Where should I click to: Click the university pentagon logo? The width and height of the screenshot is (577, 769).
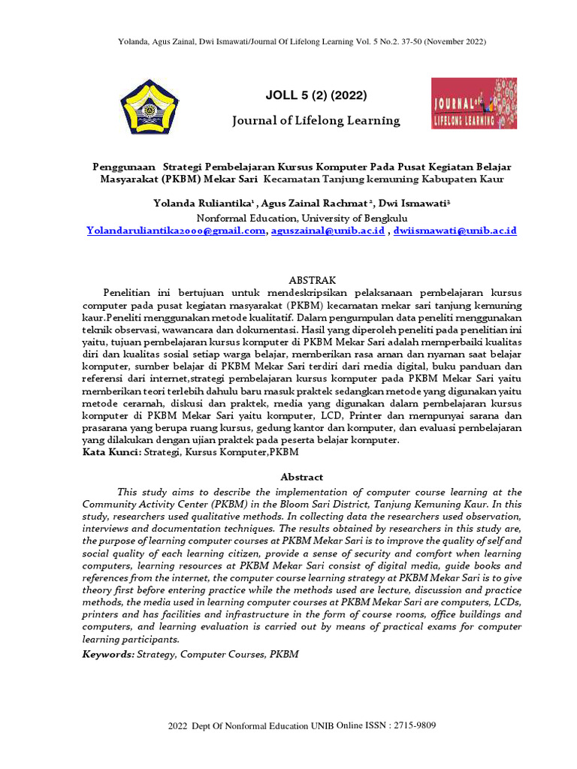[147, 106]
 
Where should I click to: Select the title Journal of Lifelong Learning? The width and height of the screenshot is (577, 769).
[316, 120]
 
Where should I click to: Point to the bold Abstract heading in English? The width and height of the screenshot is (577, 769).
[302, 477]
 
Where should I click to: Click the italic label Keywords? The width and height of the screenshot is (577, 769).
[109, 654]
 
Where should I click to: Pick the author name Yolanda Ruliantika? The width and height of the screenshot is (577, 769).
[203, 203]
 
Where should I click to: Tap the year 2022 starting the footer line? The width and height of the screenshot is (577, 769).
[177, 726]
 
